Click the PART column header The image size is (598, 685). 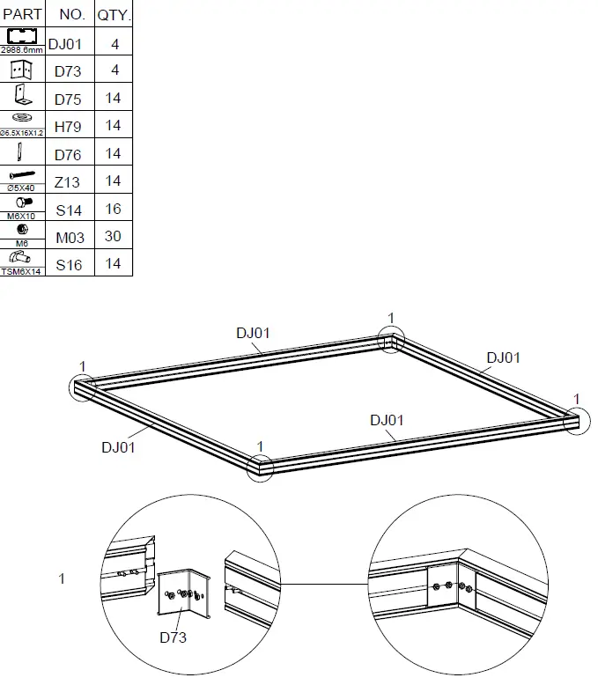[x=22, y=15]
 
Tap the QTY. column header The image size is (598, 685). [x=113, y=15]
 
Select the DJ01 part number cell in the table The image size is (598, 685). [x=66, y=43]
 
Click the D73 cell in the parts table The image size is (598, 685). [x=68, y=71]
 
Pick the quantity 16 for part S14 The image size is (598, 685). [x=113, y=210]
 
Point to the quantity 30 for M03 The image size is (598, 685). [x=113, y=237]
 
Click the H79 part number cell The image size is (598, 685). [x=68, y=127]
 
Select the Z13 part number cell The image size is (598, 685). [x=67, y=182]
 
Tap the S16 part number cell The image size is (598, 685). [x=68, y=264]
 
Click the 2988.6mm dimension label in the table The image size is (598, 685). [x=22, y=51]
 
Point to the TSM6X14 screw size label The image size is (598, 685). [x=22, y=272]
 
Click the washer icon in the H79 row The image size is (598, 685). [x=22, y=118]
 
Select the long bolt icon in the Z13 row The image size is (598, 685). [x=22, y=176]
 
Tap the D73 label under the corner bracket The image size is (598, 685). [x=173, y=637]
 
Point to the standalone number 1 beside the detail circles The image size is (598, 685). [x=62, y=578]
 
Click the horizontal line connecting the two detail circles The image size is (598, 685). [x=323, y=583]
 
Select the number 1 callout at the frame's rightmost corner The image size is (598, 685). [x=577, y=399]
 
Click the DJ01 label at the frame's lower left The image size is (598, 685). [x=117, y=447]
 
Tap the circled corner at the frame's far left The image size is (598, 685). [x=83, y=388]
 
